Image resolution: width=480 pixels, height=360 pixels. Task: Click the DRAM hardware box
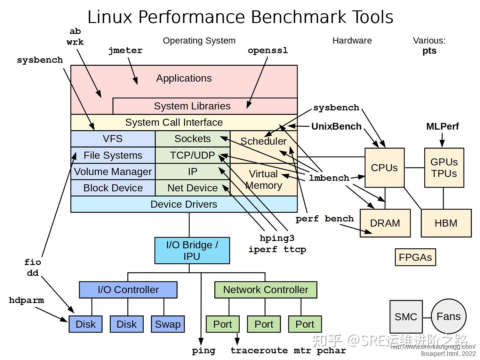pyautogui.click(x=385, y=223)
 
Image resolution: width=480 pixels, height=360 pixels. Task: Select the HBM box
pyautogui.click(x=446, y=223)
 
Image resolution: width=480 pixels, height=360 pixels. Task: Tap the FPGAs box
pyautogui.click(x=415, y=257)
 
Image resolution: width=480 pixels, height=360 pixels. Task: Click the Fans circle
pyautogui.click(x=448, y=316)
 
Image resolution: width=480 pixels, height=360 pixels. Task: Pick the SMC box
pyautogui.click(x=406, y=316)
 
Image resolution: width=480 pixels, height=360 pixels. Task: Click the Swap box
pyautogui.click(x=168, y=324)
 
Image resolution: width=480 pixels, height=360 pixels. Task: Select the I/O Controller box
pyautogui.click(x=128, y=290)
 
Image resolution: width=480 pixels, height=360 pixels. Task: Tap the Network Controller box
pyautogui.click(x=265, y=290)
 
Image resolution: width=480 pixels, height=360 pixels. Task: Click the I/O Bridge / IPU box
pyautogui.click(x=192, y=250)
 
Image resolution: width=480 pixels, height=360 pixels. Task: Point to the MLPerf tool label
pyautogui.click(x=442, y=126)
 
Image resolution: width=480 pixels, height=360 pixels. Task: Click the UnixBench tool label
pyautogui.click(x=336, y=126)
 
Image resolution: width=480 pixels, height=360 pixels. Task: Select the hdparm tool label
pyautogui.click(x=26, y=300)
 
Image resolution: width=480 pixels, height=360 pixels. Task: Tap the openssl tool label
pyautogui.click(x=268, y=51)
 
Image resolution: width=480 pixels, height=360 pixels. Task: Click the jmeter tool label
pyautogui.click(x=125, y=51)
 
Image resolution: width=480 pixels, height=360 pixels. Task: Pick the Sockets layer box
pyautogui.click(x=192, y=139)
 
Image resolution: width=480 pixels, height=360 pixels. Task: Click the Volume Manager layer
pyautogui.click(x=113, y=171)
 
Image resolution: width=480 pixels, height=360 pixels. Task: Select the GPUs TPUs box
pyautogui.click(x=444, y=168)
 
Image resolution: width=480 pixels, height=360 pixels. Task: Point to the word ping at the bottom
pyautogui.click(x=204, y=351)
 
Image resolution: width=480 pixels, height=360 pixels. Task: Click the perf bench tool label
pyautogui.click(x=324, y=219)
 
